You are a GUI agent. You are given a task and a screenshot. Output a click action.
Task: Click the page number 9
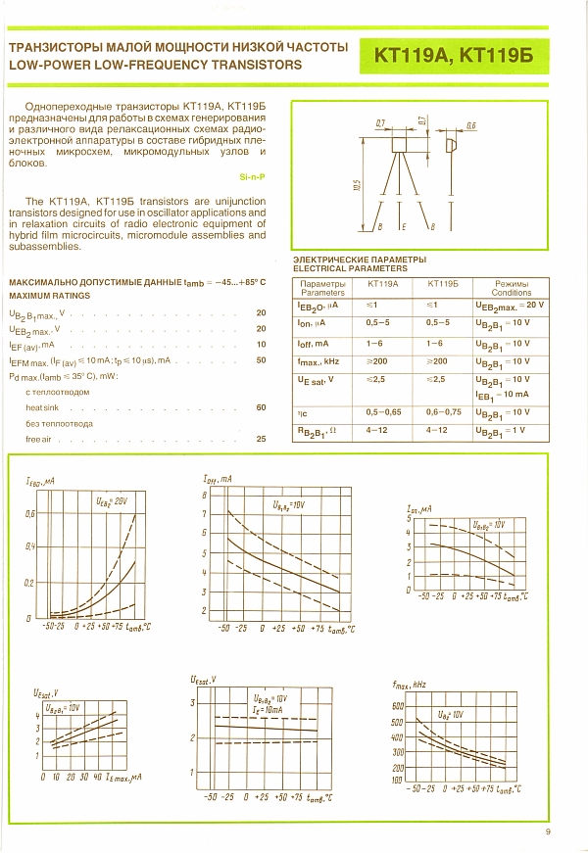coord(549,832)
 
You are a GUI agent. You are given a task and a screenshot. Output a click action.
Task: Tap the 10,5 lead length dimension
coord(359,185)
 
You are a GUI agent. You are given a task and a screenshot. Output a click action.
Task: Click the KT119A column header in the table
coord(382,283)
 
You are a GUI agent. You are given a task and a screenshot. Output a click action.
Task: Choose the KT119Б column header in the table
coord(443,283)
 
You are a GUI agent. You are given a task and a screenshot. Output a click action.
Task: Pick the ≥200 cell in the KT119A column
coord(378,360)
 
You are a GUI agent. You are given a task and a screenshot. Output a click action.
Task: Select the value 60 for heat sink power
coord(261,406)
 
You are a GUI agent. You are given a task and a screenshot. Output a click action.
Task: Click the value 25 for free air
coord(261,439)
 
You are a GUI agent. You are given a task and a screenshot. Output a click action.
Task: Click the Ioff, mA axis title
coord(218,479)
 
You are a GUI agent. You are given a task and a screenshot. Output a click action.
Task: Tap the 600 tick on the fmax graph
coord(398,706)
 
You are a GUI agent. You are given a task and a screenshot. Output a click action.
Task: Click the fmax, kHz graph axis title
coord(408,685)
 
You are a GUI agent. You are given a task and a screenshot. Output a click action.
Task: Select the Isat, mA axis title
coord(421,510)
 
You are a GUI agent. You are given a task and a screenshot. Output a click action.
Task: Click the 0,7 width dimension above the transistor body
coord(380,122)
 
